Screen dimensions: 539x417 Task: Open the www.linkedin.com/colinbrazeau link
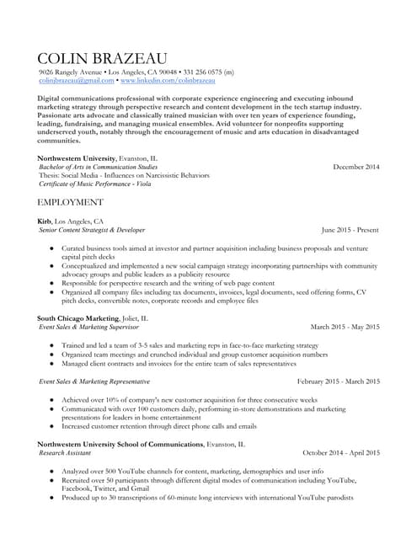[168, 80]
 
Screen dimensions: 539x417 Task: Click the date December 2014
[356, 167]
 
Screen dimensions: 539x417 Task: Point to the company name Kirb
[45, 221]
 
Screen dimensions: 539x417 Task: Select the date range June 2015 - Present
[350, 229]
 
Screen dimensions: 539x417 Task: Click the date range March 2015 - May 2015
[345, 327]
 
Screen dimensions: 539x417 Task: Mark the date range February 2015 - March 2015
[339, 382]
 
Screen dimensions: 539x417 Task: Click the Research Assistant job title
[64, 452]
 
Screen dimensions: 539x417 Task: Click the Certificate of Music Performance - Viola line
[95, 184]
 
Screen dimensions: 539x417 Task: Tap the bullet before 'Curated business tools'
[52, 249]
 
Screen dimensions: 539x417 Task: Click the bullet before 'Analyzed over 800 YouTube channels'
[52, 472]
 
